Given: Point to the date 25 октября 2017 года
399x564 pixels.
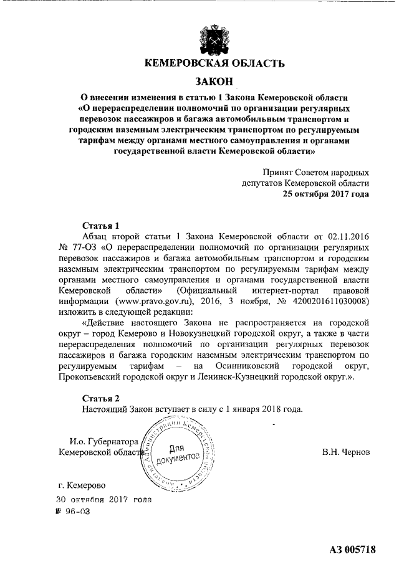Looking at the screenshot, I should (x=325, y=193).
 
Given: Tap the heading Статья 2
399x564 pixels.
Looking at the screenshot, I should (x=100, y=398).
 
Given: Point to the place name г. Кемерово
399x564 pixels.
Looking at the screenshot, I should (x=80, y=484).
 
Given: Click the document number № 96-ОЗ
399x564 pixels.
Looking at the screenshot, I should (x=73, y=512).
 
